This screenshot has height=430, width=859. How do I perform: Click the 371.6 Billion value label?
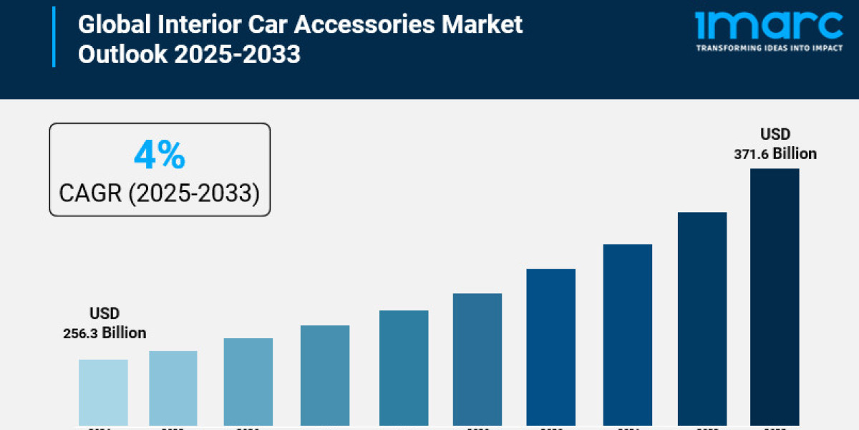pyautogui.click(x=775, y=153)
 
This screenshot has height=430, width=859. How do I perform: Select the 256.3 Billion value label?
pyautogui.click(x=105, y=333)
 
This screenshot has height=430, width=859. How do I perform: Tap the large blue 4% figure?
pyautogui.click(x=160, y=156)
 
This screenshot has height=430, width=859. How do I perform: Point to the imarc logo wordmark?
pyautogui.click(x=769, y=26)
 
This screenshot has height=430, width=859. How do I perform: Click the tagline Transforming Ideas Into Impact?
pyautogui.click(x=769, y=49)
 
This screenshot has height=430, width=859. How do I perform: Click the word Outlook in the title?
pyautogui.click(x=122, y=54)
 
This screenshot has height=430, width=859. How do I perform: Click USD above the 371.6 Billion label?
pyautogui.click(x=775, y=134)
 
